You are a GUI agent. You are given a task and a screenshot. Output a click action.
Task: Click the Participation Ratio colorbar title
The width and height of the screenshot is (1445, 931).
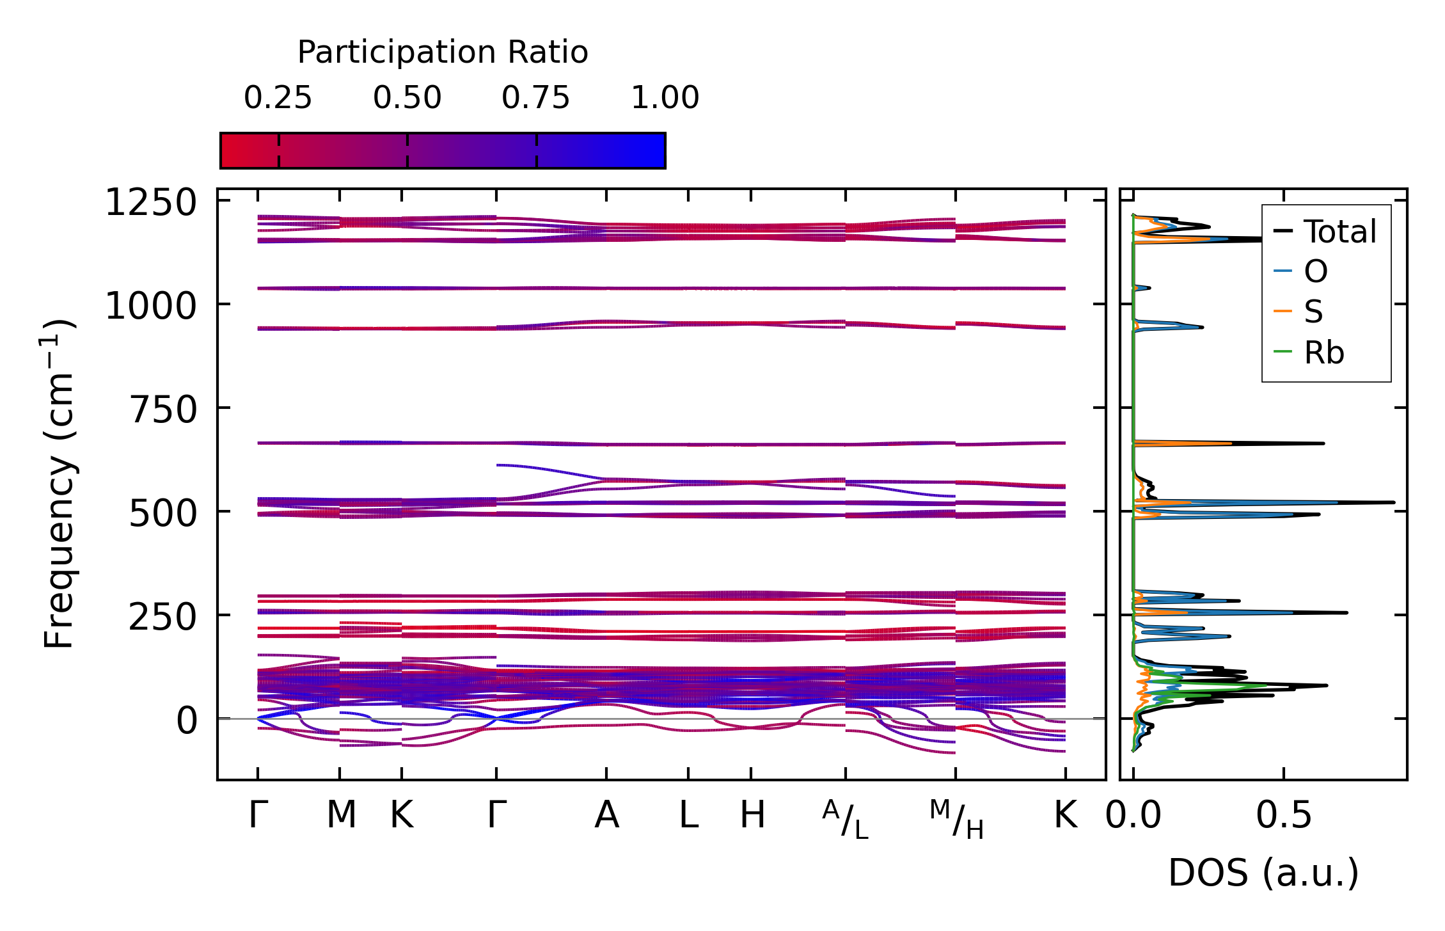click(x=443, y=52)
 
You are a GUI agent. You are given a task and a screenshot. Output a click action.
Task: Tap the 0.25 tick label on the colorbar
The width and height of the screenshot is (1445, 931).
click(x=278, y=98)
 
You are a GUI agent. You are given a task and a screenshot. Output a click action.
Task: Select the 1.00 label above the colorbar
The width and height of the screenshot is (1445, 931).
click(x=665, y=98)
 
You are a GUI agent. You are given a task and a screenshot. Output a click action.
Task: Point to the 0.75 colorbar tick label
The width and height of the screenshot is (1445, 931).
click(x=535, y=98)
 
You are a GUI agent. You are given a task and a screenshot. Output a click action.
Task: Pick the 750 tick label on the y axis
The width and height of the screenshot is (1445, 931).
click(x=163, y=410)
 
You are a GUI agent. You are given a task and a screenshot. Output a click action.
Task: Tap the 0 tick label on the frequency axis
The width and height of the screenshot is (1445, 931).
click(x=187, y=720)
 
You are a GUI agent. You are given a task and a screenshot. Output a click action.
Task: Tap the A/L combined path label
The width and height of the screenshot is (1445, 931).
click(x=846, y=820)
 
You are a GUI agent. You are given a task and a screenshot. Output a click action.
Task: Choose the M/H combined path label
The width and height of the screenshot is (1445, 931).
click(x=956, y=820)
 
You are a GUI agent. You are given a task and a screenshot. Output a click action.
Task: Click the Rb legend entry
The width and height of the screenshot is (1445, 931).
click(x=1323, y=353)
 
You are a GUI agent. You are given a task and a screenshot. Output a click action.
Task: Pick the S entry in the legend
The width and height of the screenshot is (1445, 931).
click(x=1313, y=312)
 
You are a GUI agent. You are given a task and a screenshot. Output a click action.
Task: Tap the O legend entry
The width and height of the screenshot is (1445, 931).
click(x=1316, y=272)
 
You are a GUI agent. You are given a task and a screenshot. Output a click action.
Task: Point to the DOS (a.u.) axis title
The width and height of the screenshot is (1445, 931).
click(x=1263, y=873)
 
